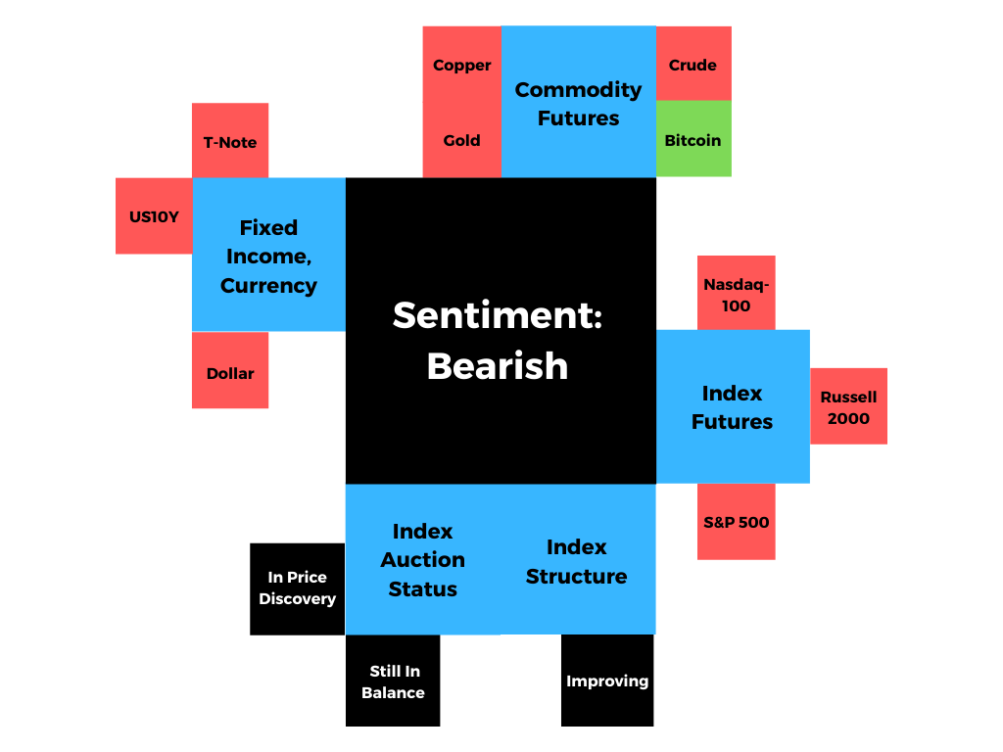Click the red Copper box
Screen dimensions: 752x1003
click(461, 65)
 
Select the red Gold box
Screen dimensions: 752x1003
click(461, 140)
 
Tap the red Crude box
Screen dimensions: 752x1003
click(693, 65)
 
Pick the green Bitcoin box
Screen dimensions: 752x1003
click(693, 140)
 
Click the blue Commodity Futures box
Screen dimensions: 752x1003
click(578, 103)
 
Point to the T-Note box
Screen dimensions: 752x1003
click(230, 141)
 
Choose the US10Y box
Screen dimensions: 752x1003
click(154, 216)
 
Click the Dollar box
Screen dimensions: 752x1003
click(230, 372)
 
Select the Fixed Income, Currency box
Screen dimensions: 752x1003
click(268, 256)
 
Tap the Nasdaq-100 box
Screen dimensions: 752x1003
click(736, 295)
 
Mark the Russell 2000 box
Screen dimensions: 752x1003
click(848, 407)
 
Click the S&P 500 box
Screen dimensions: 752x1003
click(736, 522)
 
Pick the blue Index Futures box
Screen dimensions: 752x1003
click(733, 407)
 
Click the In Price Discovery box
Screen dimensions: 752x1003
click(297, 587)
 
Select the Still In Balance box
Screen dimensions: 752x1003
click(393, 681)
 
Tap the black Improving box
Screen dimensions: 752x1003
click(607, 681)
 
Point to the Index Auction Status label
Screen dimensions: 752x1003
click(422, 559)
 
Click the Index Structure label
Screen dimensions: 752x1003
click(576, 561)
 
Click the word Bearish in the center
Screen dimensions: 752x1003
click(498, 365)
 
